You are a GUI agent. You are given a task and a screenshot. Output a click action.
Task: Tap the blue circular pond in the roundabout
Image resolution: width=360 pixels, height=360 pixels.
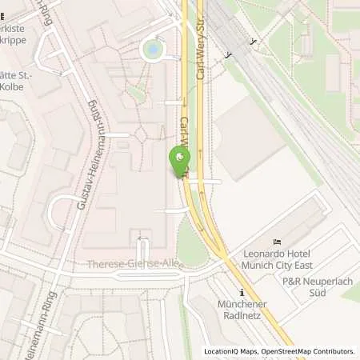150,50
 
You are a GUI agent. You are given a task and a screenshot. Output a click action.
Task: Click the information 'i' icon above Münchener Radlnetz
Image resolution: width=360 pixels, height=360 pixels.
242,293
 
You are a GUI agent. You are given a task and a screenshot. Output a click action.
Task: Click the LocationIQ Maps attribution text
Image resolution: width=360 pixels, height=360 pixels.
231,351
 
